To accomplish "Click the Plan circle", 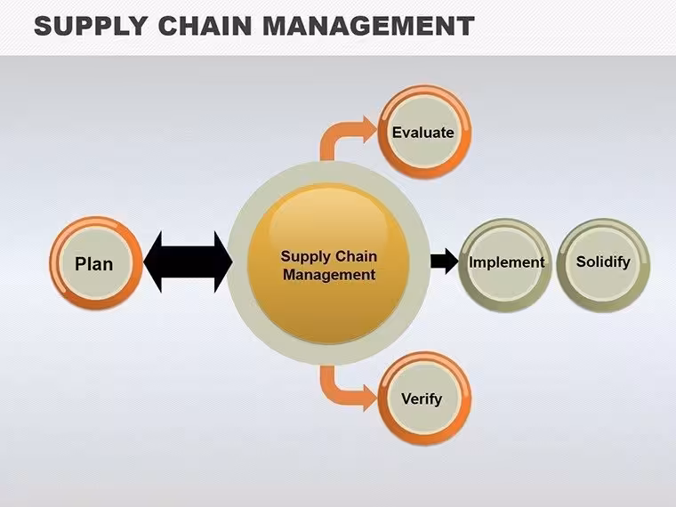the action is [x=96, y=263].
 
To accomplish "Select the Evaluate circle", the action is [x=424, y=132].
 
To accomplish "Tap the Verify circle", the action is [x=424, y=398].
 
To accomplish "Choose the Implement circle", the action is [x=505, y=265].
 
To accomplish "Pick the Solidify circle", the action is [x=603, y=265].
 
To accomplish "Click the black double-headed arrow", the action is [x=188, y=262].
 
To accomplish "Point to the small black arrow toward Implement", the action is [x=445, y=262].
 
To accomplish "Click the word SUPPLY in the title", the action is [x=91, y=26].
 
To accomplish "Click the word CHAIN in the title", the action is [x=205, y=26].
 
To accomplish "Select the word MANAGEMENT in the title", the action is [x=368, y=26].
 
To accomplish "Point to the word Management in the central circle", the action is [x=329, y=275].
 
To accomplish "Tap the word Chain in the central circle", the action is [x=356, y=256].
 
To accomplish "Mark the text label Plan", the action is [x=94, y=264].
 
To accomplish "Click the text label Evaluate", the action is [x=422, y=133].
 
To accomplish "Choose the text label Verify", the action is [x=422, y=398].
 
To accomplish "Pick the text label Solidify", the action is [x=603, y=262].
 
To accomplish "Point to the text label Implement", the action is [x=507, y=262].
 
